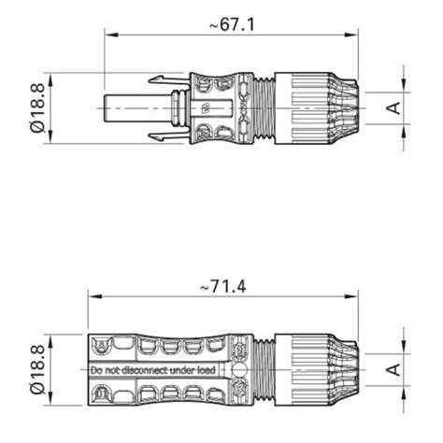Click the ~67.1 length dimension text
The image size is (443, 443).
point(232,24)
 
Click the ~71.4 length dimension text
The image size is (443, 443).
point(223,287)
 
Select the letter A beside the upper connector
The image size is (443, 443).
point(393,108)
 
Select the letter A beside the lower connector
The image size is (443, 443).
point(393,370)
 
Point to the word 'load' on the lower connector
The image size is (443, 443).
point(207,370)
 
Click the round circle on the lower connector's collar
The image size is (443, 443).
point(240,370)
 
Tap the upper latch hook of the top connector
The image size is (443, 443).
point(168,79)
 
